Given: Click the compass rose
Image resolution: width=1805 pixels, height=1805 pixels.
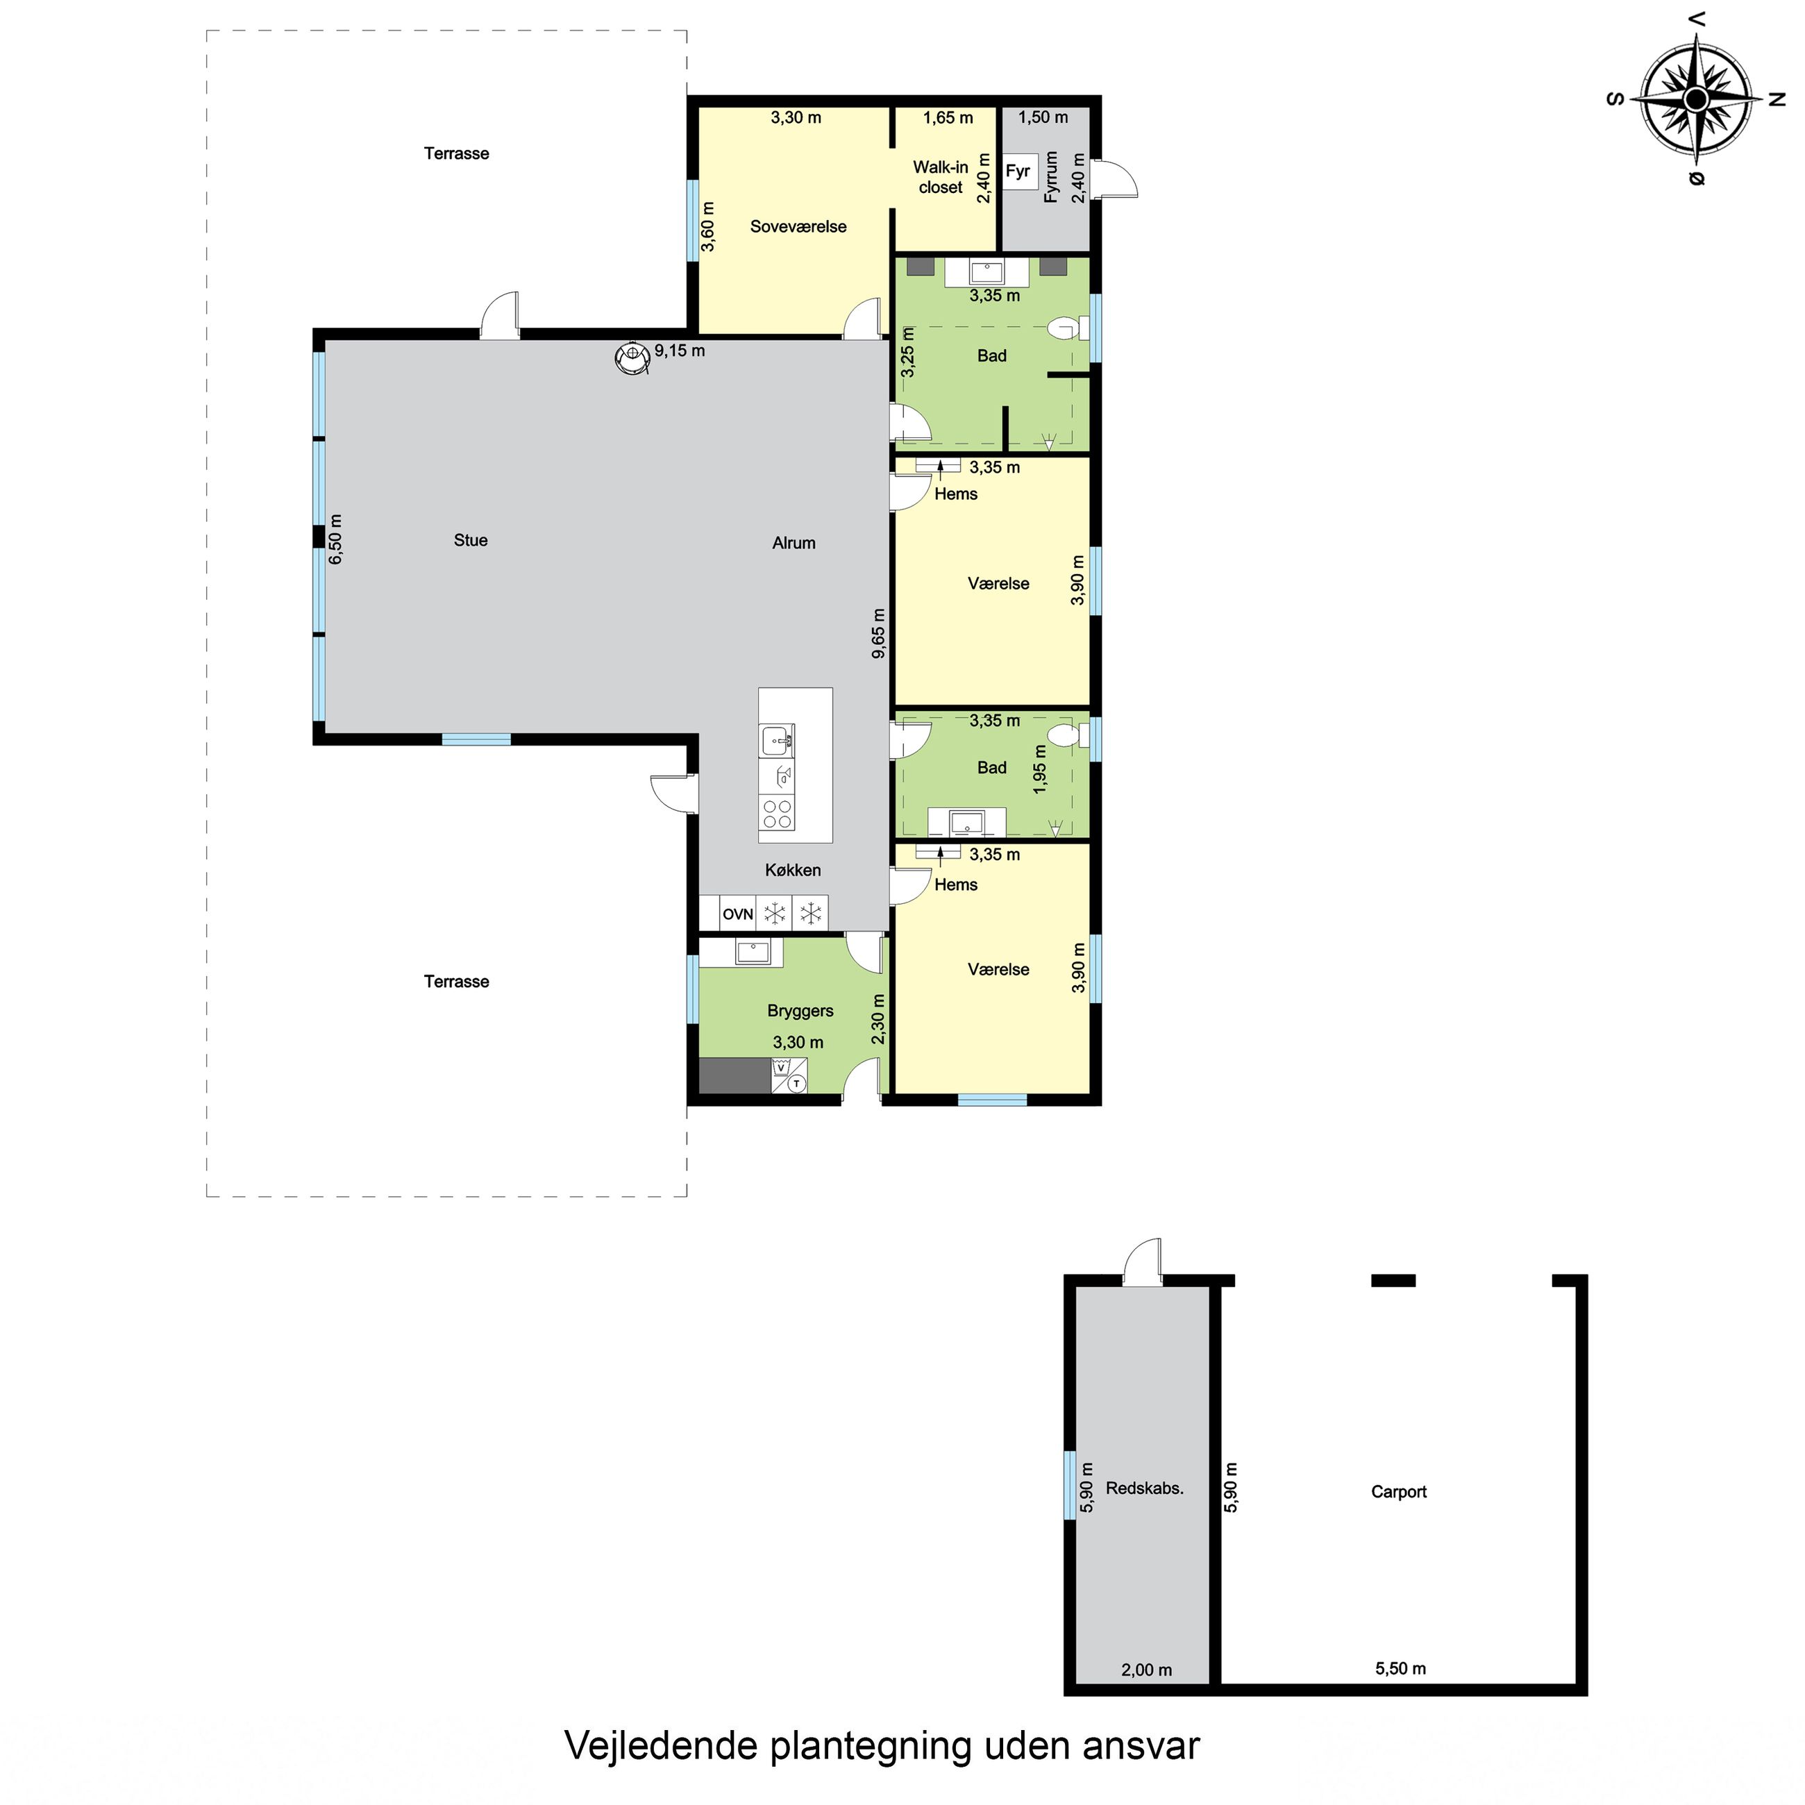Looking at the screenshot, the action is click(1696, 98).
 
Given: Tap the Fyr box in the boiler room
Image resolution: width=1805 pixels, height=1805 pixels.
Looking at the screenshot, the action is click(1018, 171).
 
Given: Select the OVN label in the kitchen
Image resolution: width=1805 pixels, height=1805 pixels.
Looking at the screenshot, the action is click(738, 914).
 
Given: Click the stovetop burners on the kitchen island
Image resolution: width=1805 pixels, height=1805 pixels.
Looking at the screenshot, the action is click(778, 813).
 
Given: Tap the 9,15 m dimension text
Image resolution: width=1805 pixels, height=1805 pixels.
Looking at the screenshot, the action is click(679, 351).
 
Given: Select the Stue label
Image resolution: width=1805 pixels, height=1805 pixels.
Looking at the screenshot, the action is click(471, 540).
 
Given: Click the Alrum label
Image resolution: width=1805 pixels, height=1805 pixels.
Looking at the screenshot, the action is click(794, 543).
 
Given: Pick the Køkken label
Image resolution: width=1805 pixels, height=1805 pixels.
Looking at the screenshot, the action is click(794, 870).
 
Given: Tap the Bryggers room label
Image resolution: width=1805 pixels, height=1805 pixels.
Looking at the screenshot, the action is click(800, 1010).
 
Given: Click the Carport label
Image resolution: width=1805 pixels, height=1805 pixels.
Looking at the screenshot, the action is click(1399, 1492).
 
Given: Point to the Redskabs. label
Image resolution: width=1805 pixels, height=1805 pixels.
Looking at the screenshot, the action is click(1145, 1488).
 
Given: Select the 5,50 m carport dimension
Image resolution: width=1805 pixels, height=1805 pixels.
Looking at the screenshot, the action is click(1400, 1669).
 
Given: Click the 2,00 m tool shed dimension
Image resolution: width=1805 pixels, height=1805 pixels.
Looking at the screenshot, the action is click(1146, 1670).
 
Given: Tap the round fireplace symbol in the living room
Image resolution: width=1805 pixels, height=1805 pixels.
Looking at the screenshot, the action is click(632, 357).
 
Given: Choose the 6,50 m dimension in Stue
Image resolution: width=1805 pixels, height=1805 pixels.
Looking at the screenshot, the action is click(336, 539).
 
